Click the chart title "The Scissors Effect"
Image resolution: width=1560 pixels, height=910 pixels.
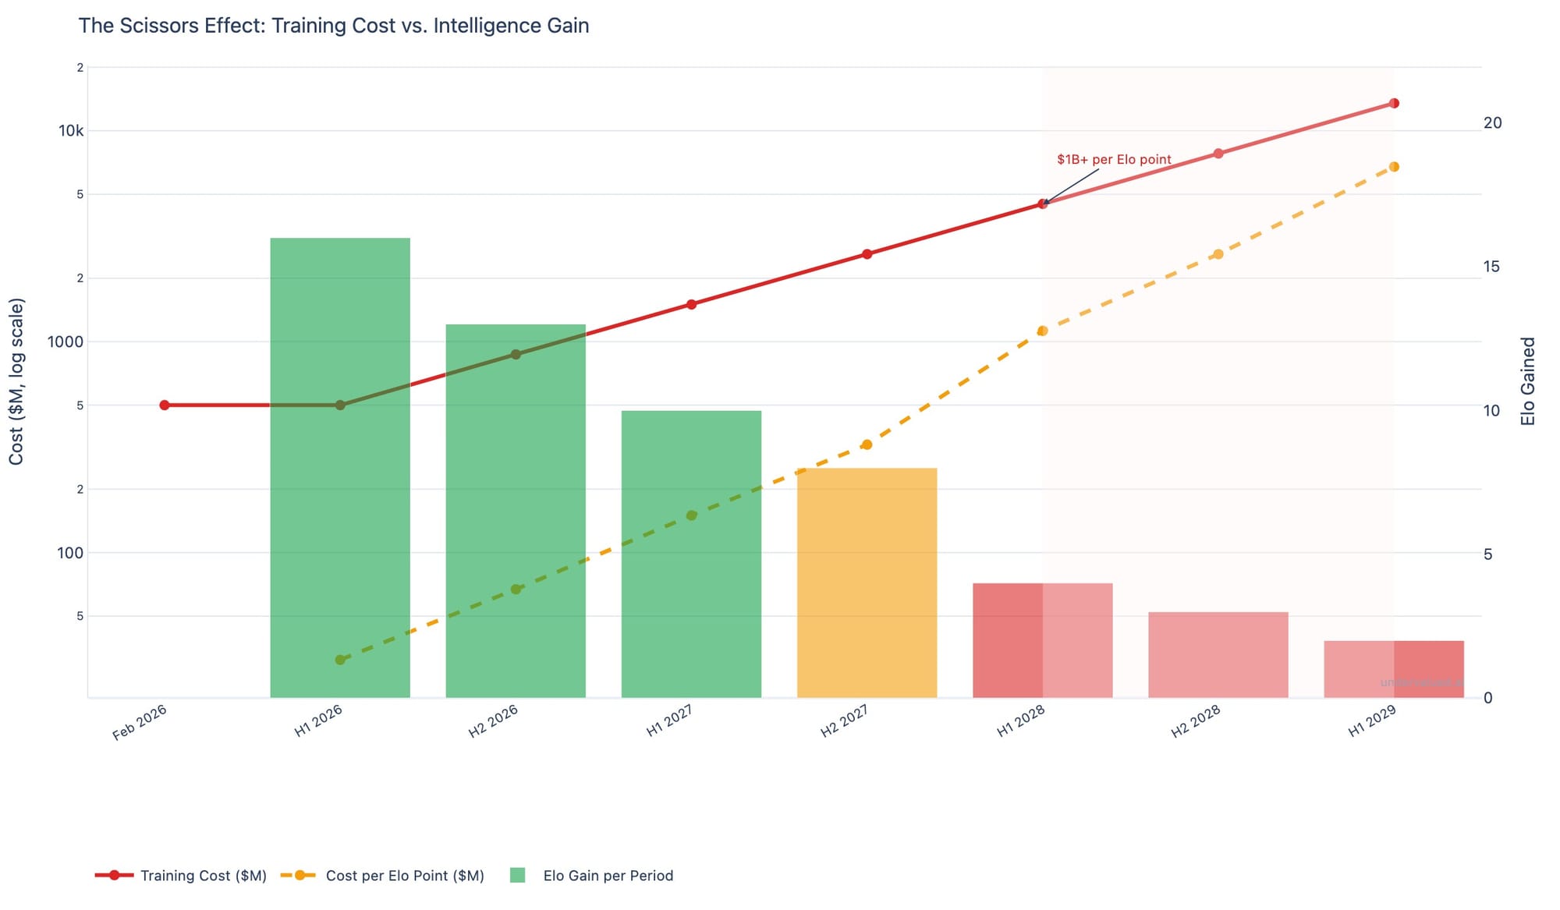click(x=333, y=26)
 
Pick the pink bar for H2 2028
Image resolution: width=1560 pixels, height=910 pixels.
click(x=1218, y=655)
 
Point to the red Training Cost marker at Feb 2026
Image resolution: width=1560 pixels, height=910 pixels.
click(x=165, y=405)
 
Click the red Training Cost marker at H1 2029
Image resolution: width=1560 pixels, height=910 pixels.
click(x=1394, y=104)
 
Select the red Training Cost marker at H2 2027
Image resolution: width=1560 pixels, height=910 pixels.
click(x=867, y=254)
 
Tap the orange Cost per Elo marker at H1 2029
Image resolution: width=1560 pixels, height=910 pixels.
click(x=1394, y=167)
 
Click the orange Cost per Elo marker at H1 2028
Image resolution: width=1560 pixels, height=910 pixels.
click(x=1042, y=331)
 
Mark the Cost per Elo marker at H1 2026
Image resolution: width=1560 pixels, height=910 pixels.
click(x=340, y=660)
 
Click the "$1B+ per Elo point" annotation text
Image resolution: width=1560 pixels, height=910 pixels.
click(x=1114, y=160)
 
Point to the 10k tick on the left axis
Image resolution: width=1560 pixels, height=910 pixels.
click(x=71, y=131)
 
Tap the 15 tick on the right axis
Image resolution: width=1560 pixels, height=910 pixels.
click(x=1491, y=267)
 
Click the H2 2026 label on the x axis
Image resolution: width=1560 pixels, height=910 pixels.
click(x=494, y=722)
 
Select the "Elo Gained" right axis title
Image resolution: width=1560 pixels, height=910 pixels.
click(x=1528, y=381)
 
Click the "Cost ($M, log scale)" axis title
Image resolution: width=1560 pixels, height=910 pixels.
click(x=16, y=381)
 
